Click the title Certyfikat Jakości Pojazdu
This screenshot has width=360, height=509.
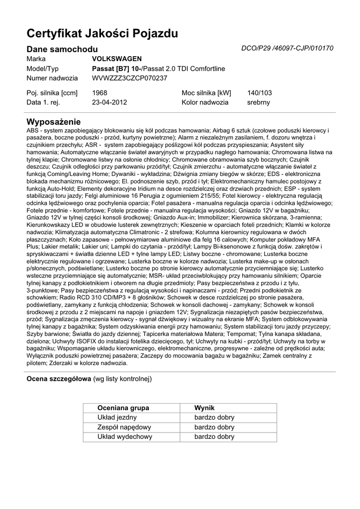[x=102, y=34]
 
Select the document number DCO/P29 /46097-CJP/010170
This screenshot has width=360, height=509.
[x=287, y=48]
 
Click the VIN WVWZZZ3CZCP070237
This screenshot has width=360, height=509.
[x=129, y=78]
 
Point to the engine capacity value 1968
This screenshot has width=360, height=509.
[x=99, y=92]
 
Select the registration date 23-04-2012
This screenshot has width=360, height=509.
[x=109, y=102]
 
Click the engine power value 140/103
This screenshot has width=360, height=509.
[x=260, y=92]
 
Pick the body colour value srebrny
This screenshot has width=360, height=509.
[x=259, y=102]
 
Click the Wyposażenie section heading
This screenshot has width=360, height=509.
[x=53, y=122]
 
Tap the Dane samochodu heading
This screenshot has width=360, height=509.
[x=62, y=49]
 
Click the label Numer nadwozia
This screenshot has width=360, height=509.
[x=52, y=78]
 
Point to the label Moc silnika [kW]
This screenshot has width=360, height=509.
[x=206, y=92]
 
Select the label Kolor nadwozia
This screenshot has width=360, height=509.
[x=205, y=102]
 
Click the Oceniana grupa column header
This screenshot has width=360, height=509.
[x=123, y=408]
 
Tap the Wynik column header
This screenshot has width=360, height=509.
[x=204, y=408]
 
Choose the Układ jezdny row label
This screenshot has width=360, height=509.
[x=117, y=418]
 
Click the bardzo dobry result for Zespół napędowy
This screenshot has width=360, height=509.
[x=214, y=427]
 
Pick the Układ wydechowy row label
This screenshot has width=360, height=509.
[x=124, y=437]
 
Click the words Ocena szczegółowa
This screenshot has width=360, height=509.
[x=59, y=379]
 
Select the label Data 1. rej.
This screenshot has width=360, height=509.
[x=43, y=102]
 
